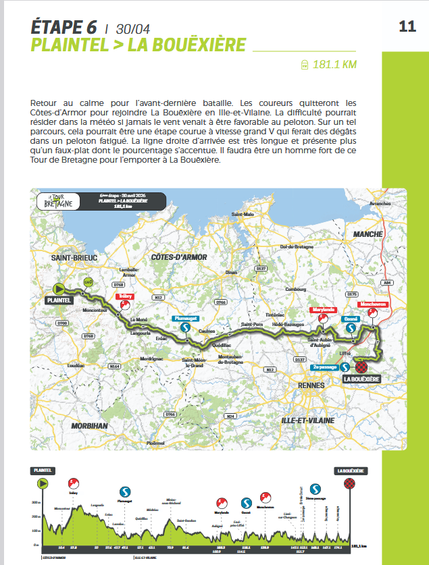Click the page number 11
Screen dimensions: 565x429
407,27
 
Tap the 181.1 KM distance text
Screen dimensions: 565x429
334,65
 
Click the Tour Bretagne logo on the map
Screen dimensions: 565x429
56,202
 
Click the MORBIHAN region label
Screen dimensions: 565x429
88,426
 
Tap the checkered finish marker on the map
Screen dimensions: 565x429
361,367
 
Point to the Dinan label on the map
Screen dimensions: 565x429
232,273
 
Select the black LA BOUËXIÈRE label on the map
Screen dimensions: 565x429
362,379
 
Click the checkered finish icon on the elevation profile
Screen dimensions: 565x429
349,483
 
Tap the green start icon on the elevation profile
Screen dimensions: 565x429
43,483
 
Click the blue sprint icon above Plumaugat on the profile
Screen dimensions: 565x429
124,491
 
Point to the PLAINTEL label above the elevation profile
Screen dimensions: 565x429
43,470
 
